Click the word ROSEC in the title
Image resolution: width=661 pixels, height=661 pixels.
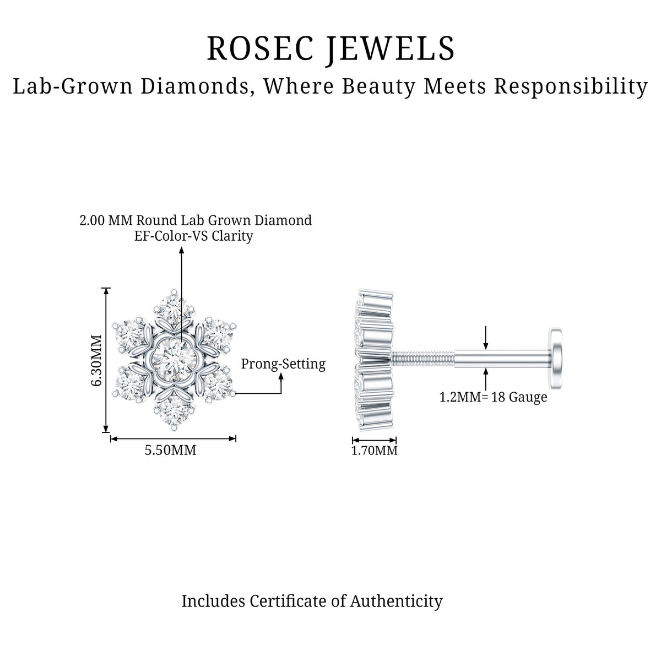click(x=260, y=48)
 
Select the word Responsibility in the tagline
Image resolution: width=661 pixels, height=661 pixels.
click(x=571, y=87)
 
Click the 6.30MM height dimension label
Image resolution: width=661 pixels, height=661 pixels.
click(x=97, y=360)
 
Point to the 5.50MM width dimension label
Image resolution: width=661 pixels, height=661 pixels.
click(x=170, y=450)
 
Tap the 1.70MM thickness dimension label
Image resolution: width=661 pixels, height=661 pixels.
click(x=374, y=451)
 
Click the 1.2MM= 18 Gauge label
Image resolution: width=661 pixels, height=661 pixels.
click(x=493, y=397)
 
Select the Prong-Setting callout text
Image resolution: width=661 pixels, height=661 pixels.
click(x=283, y=364)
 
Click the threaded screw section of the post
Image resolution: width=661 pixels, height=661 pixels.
click(x=423, y=359)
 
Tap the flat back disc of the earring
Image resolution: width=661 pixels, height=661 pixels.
click(x=556, y=359)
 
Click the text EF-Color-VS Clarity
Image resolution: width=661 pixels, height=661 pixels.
click(x=193, y=236)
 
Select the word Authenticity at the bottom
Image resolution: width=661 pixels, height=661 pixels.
click(x=396, y=602)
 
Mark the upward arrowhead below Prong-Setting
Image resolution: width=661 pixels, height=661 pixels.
click(x=281, y=376)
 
